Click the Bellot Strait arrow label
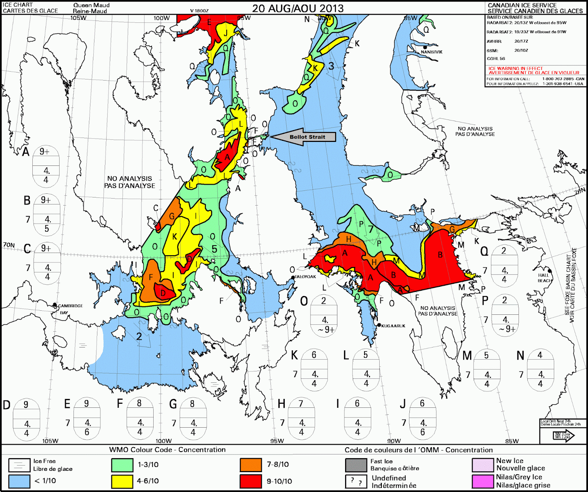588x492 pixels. [307, 137]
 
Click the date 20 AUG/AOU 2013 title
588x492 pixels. [298, 8]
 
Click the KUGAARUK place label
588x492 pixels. [393, 326]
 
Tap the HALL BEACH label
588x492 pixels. [544, 278]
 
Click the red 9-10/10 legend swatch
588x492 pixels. [251, 481]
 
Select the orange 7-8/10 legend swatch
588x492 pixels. [251, 465]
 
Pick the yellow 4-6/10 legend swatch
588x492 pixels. [122, 481]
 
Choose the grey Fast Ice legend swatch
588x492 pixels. [356, 465]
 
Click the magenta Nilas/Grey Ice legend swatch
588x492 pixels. [483, 481]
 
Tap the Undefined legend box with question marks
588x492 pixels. [356, 481]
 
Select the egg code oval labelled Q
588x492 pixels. [504, 265]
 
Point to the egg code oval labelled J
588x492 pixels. [423, 418]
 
